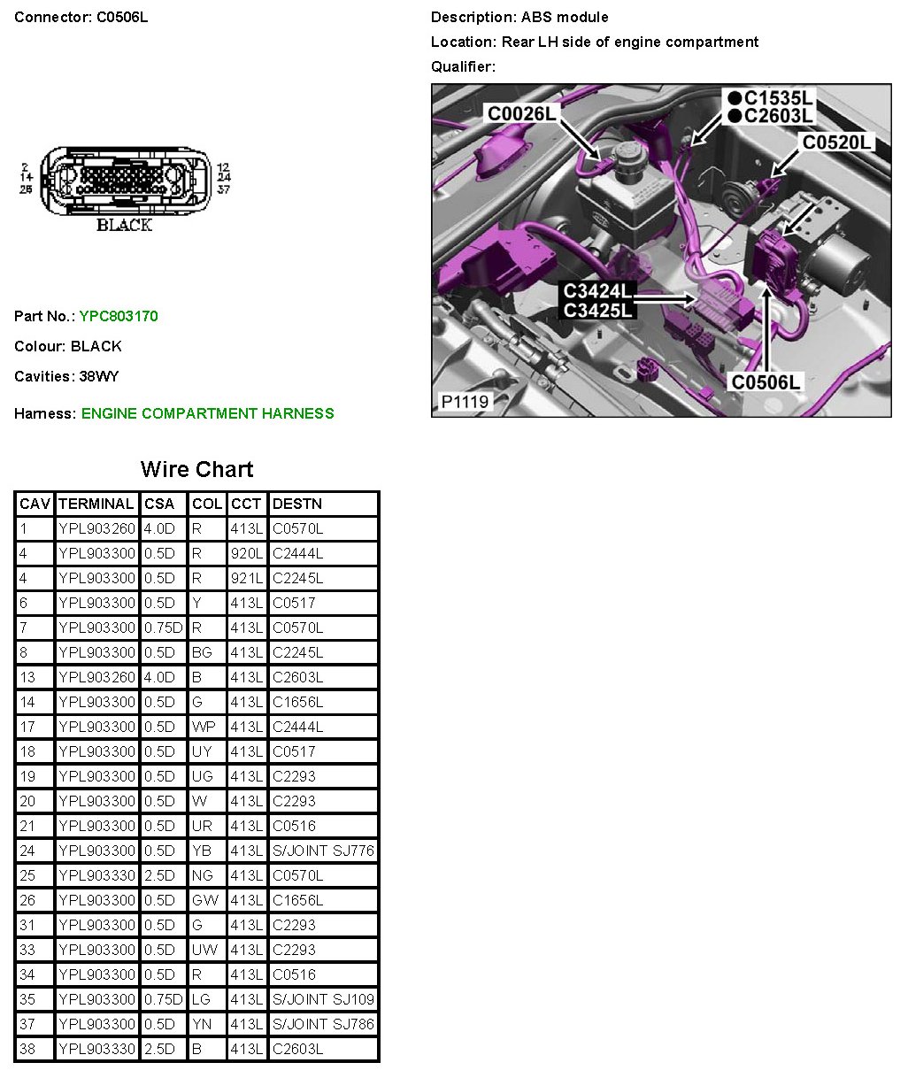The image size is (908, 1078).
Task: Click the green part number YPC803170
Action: pyautogui.click(x=119, y=316)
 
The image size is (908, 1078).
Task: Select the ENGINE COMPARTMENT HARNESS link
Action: pyautogui.click(x=207, y=413)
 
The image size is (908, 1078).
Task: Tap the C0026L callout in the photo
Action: pyautogui.click(x=522, y=113)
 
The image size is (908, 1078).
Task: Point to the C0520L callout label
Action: pyautogui.click(x=836, y=142)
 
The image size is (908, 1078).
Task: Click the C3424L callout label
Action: pyautogui.click(x=598, y=291)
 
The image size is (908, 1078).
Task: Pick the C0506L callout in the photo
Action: pyautogui.click(x=765, y=382)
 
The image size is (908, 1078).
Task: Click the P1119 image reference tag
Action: pyautogui.click(x=465, y=402)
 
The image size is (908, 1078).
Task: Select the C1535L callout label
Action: pyautogui.click(x=770, y=97)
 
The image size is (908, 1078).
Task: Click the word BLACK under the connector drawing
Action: pyautogui.click(x=124, y=225)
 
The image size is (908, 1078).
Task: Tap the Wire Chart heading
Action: pyautogui.click(x=196, y=469)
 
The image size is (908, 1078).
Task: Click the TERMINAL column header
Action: pyautogui.click(x=96, y=504)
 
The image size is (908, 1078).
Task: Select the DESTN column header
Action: pyautogui.click(x=297, y=504)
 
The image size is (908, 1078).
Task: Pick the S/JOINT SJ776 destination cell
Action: pyautogui.click(x=323, y=851)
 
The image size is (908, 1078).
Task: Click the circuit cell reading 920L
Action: pyautogui.click(x=246, y=553)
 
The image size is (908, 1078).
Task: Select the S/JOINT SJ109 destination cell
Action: pyautogui.click(x=323, y=999)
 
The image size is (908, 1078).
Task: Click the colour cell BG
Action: pyautogui.click(x=203, y=652)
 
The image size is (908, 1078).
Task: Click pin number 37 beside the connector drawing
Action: pyautogui.click(x=224, y=189)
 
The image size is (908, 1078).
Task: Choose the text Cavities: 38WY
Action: pyautogui.click(x=66, y=376)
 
